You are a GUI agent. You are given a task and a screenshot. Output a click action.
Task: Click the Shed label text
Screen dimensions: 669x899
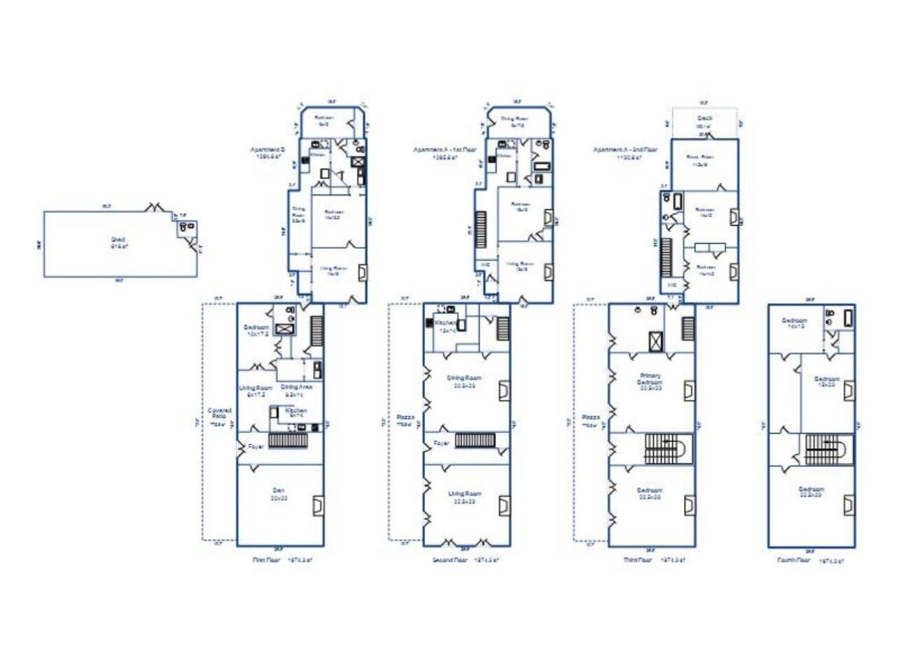pyautogui.click(x=118, y=240)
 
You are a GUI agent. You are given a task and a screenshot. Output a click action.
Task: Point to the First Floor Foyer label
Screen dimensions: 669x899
pyautogui.click(x=255, y=446)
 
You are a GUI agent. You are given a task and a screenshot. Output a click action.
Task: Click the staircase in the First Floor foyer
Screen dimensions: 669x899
pyautogui.click(x=289, y=441)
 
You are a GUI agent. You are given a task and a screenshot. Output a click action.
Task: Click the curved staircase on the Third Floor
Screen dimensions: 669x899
pyautogui.click(x=668, y=448)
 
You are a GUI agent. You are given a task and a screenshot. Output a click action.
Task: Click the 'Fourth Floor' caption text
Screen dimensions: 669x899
pyautogui.click(x=794, y=560)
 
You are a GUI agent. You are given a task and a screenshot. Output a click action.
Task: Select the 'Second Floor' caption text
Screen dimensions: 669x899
pyautogui.click(x=450, y=560)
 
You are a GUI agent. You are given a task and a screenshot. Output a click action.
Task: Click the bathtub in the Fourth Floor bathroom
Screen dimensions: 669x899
pyautogui.click(x=848, y=317)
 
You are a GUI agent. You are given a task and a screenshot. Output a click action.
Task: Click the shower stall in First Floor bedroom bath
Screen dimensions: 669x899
pyautogui.click(x=286, y=329)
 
